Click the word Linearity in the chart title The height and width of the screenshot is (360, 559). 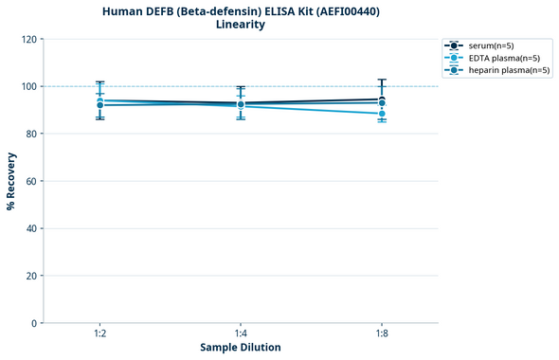click(x=241, y=25)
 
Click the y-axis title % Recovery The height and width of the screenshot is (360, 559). click(x=11, y=181)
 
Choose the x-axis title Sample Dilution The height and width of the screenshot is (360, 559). click(x=241, y=348)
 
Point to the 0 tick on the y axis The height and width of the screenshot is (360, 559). click(x=35, y=323)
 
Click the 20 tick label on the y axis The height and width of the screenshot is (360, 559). click(x=32, y=276)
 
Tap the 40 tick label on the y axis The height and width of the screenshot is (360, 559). click(x=32, y=228)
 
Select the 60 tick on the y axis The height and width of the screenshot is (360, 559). click(x=32, y=181)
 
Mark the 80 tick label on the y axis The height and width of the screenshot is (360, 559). click(x=32, y=134)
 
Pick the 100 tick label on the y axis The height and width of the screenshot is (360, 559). click(x=29, y=86)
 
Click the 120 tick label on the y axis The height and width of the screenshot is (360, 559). click(x=29, y=40)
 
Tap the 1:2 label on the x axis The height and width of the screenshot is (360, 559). click(x=99, y=334)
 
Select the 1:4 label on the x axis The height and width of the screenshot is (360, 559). click(x=241, y=334)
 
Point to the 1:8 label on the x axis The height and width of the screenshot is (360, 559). click(x=382, y=334)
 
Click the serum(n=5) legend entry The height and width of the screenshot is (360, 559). click(x=491, y=45)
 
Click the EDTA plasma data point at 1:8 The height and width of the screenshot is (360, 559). click(x=382, y=114)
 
